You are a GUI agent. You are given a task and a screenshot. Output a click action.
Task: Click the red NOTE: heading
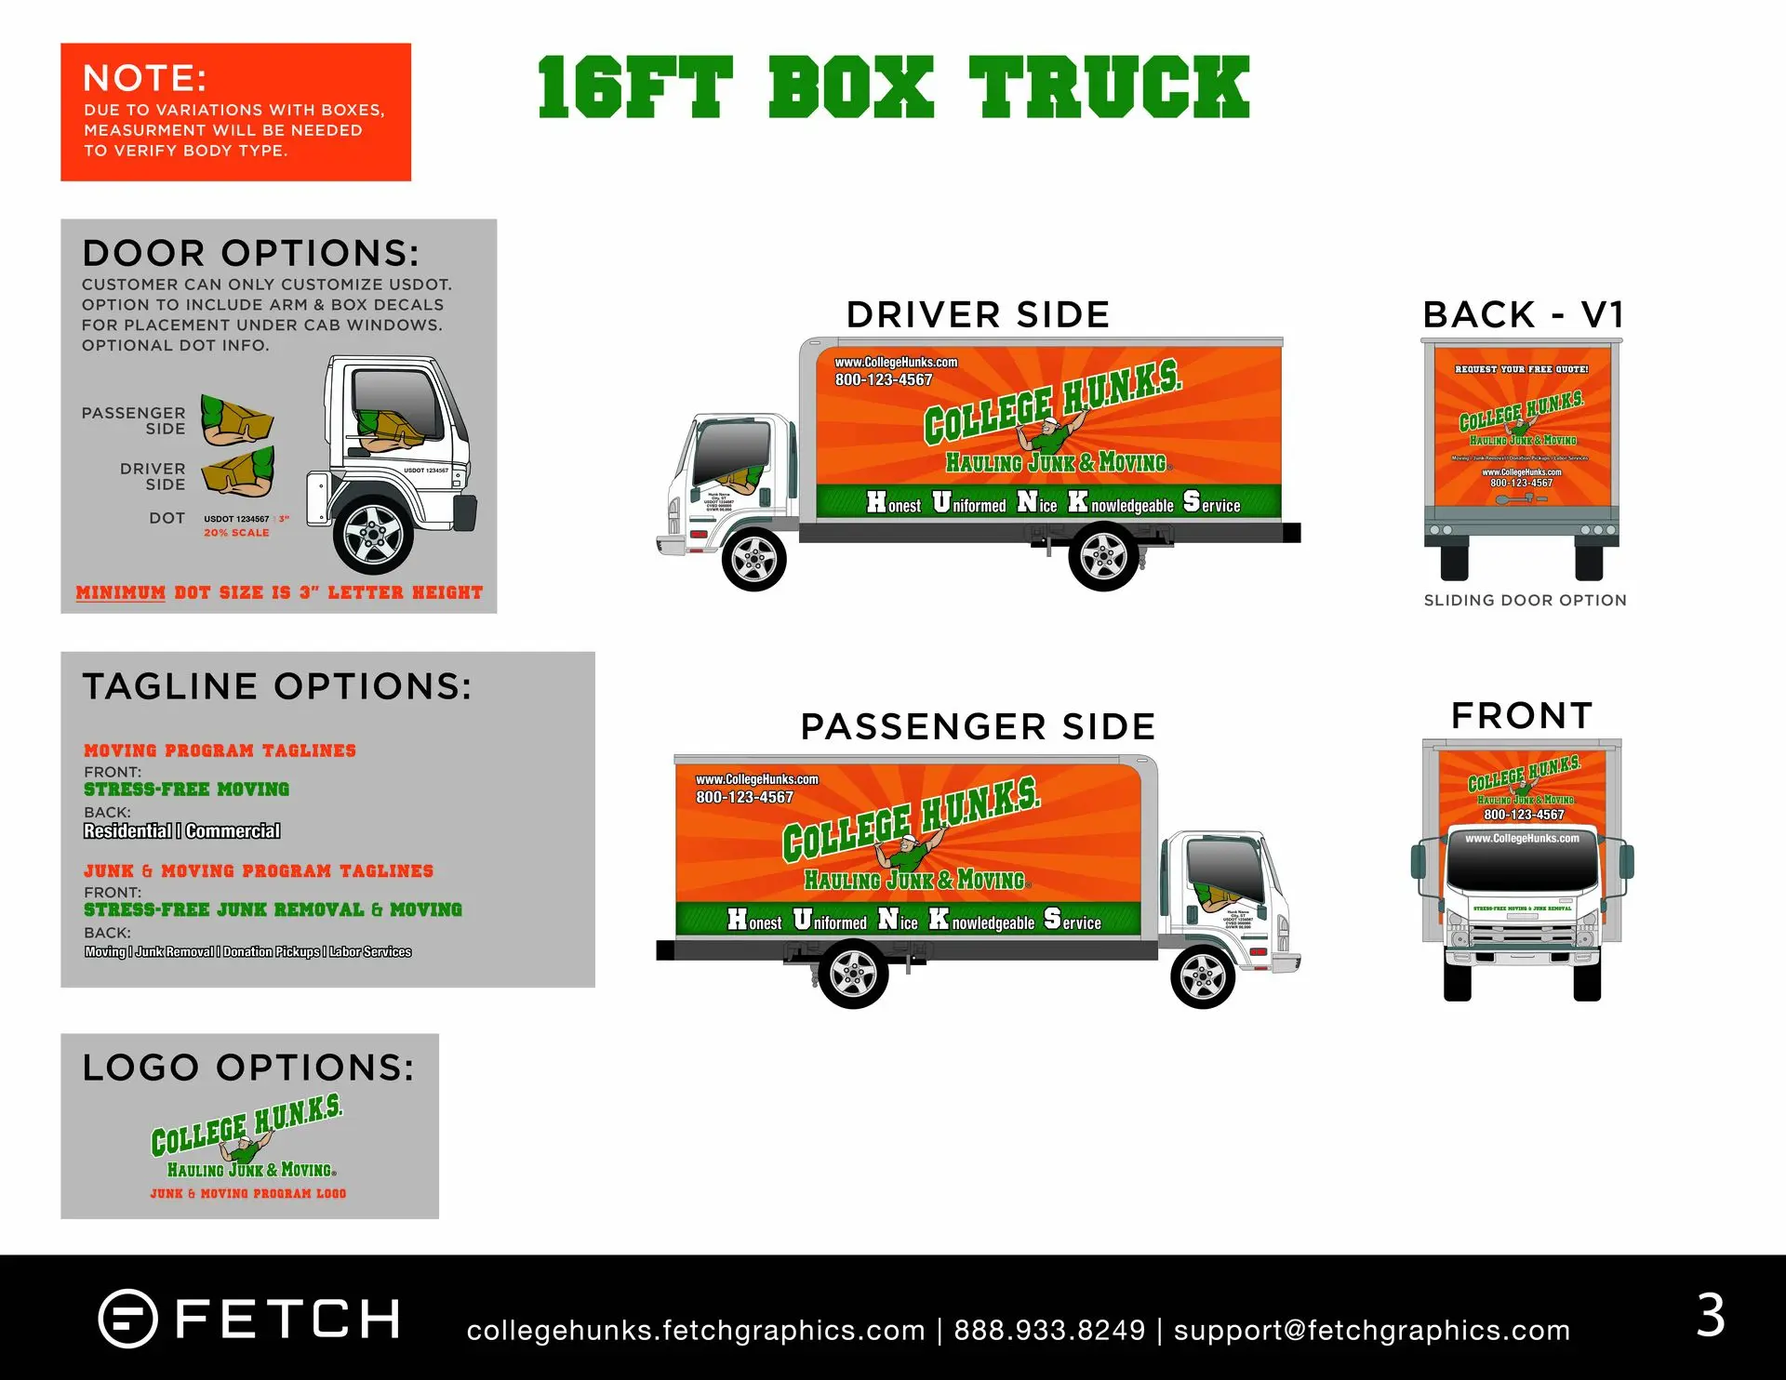(144, 78)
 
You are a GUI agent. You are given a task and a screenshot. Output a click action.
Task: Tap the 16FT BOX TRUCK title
(893, 87)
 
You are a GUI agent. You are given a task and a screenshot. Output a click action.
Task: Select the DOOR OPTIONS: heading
(250, 253)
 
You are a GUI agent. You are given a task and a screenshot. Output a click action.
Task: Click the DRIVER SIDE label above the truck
(978, 315)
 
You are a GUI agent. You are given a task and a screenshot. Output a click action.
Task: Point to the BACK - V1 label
(1524, 315)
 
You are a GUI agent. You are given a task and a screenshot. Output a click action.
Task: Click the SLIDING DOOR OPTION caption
(1526, 601)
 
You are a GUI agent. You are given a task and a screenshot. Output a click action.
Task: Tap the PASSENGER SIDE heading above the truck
(978, 727)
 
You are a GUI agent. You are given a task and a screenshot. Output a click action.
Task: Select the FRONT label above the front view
(1522, 716)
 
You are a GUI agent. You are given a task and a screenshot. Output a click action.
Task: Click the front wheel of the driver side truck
(753, 559)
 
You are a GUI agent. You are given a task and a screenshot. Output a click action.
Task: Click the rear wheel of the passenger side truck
(853, 974)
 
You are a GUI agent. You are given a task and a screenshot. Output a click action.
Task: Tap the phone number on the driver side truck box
(883, 380)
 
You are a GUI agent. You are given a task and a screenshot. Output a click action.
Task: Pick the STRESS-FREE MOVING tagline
(186, 790)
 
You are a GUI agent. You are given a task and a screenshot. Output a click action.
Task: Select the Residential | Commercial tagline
(181, 831)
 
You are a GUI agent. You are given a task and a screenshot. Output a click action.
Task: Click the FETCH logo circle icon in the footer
(127, 1319)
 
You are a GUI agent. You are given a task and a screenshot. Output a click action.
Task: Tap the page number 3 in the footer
(1711, 1316)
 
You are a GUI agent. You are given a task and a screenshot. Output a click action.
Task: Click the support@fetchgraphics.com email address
(1371, 1331)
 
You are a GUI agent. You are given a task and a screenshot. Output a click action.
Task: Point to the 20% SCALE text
(236, 533)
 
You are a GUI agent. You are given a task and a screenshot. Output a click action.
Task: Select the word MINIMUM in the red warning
(120, 593)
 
